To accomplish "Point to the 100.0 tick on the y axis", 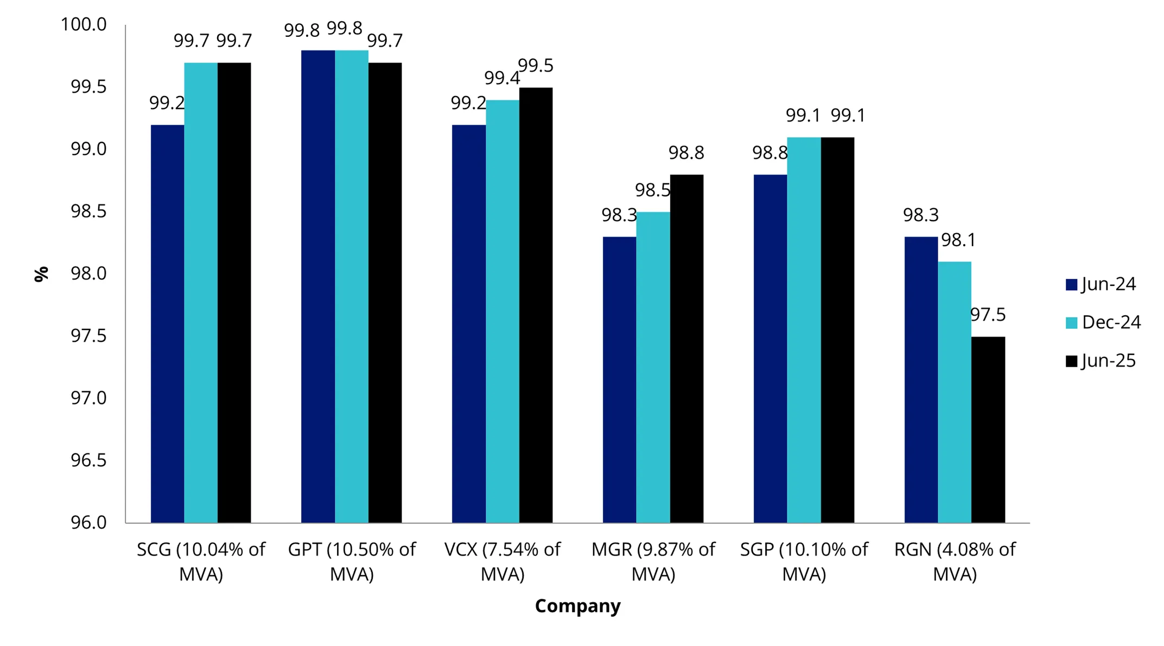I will pos(84,24).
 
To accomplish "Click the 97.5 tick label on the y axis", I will pos(88,336).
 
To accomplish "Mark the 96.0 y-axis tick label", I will pos(88,522).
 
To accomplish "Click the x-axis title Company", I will pos(577,606).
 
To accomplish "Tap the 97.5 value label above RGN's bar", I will pos(988,315).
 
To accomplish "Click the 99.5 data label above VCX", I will pos(536,66).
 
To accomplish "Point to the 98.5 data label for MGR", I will pos(653,190).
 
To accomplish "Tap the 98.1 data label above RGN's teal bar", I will pos(958,240).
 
